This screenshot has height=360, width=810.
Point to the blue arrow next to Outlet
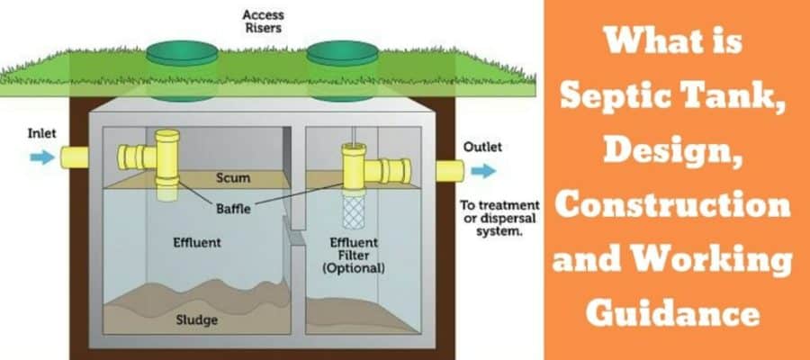pyautogui.click(x=482, y=169)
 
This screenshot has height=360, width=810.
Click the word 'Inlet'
pyautogui.click(x=41, y=133)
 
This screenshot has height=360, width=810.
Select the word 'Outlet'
pyautogui.click(x=482, y=147)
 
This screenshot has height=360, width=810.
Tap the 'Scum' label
pyautogui.click(x=232, y=178)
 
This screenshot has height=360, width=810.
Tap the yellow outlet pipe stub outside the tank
pyautogui.click(x=447, y=169)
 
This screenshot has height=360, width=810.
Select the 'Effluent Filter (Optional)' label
pyautogui.click(x=353, y=254)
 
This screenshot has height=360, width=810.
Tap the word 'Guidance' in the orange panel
pyautogui.click(x=673, y=313)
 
